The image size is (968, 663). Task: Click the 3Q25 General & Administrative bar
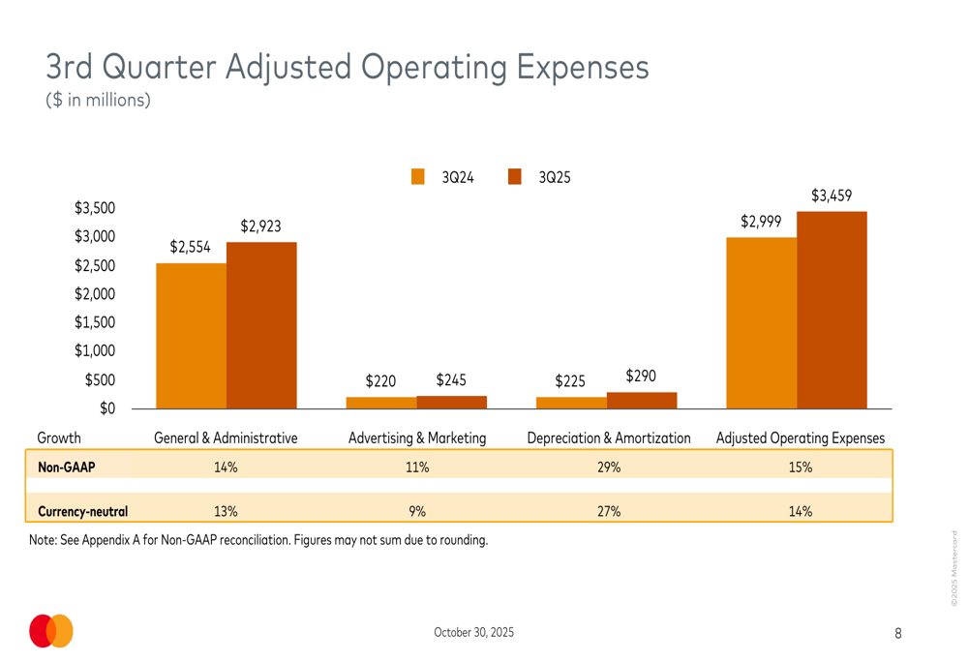point(261,325)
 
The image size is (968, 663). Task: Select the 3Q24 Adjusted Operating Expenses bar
point(761,322)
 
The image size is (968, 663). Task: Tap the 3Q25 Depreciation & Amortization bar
point(642,400)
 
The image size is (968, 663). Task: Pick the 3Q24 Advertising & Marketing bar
point(381,403)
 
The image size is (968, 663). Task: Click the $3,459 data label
point(832,196)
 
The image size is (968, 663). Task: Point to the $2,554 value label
point(190,247)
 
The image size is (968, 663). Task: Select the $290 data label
point(642,375)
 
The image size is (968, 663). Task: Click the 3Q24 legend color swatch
point(418,176)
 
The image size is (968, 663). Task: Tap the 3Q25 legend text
point(555,177)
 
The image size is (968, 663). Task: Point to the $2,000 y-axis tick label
point(96,294)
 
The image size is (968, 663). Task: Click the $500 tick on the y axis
point(101,380)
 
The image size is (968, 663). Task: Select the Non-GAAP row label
point(67,467)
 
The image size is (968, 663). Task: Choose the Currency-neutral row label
point(82,511)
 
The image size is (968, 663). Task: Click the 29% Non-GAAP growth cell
point(608,467)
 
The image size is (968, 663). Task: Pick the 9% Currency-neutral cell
point(417,511)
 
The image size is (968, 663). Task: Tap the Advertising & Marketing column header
point(417,438)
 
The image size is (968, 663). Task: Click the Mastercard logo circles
point(51,631)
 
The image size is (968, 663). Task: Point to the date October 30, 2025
point(474,632)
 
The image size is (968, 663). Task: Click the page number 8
point(897,633)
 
